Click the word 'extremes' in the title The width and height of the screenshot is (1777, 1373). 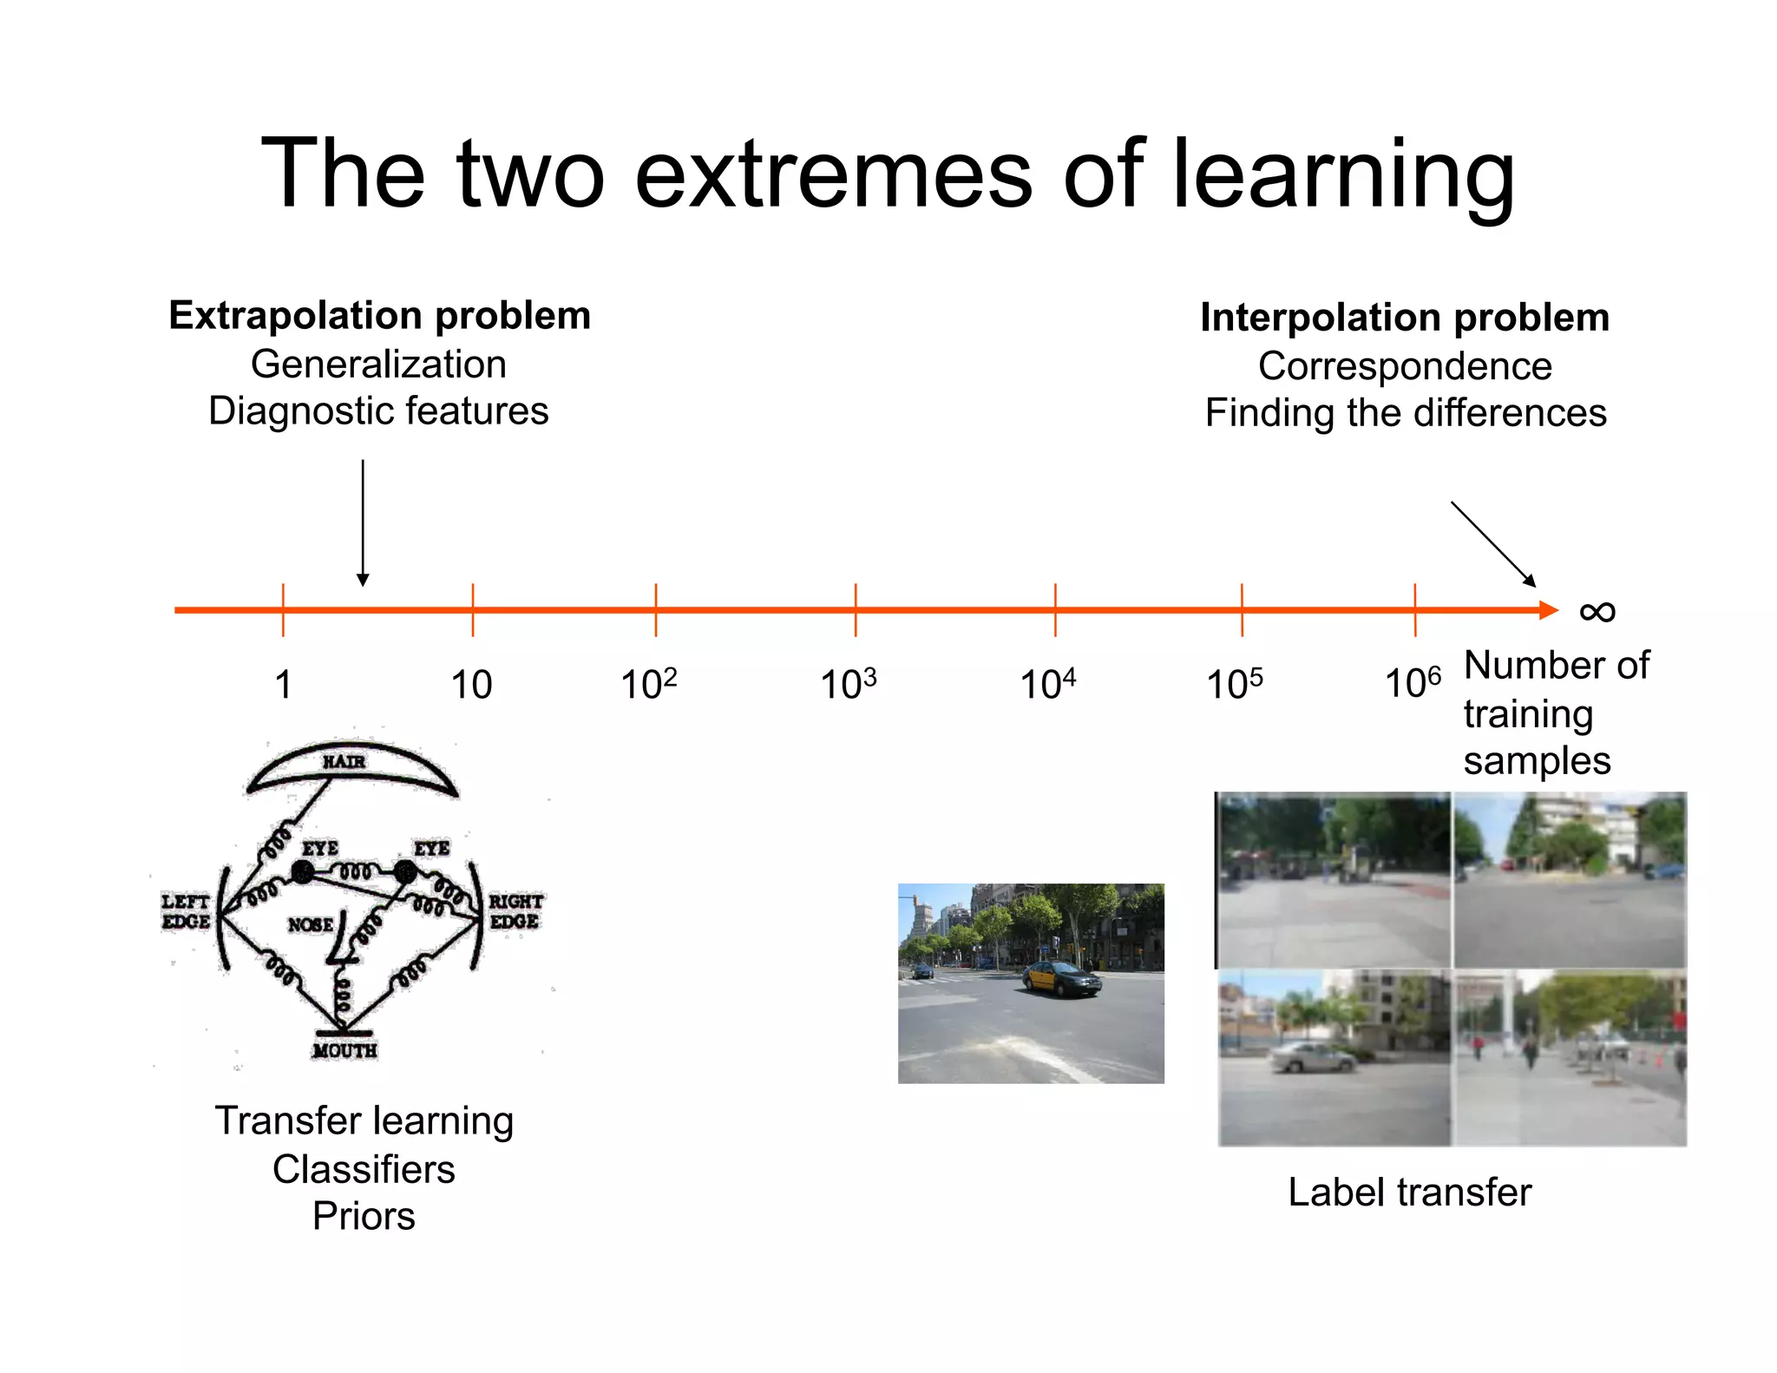point(833,175)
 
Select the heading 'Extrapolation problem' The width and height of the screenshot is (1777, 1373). point(379,315)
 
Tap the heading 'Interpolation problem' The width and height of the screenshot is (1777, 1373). point(1404,318)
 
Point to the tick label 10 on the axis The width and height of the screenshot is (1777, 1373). point(471,685)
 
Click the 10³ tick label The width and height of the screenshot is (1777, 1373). point(848,684)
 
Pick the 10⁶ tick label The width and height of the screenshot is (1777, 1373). point(1412,683)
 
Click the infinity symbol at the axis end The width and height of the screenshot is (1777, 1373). point(1597,612)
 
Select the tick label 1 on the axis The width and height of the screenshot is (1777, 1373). point(283,685)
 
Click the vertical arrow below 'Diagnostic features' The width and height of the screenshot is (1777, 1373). point(363,521)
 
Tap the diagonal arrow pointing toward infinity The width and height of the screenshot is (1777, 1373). point(1492,543)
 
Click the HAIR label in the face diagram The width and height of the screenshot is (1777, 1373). point(344,762)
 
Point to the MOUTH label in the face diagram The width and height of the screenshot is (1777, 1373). point(344,1051)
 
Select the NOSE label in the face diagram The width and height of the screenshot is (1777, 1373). point(310,925)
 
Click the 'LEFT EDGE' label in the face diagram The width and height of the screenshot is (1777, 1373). point(186,911)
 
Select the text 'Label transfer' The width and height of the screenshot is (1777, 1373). point(1409,1192)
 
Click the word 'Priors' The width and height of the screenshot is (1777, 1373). point(364,1217)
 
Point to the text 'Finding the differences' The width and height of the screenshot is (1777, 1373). point(1405,413)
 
